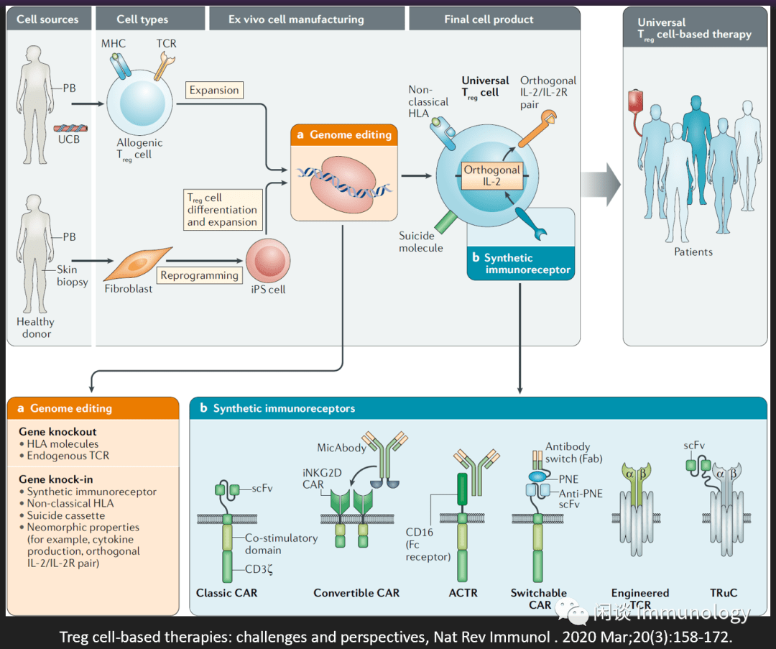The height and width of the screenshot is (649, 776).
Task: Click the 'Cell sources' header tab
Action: (49, 19)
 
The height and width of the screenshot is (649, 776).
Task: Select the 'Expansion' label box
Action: (214, 90)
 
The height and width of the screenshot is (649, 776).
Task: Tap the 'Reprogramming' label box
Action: (200, 275)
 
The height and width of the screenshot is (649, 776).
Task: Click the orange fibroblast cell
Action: (138, 264)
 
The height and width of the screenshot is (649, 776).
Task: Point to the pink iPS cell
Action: (268, 261)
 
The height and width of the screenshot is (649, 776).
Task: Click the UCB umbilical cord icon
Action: (70, 128)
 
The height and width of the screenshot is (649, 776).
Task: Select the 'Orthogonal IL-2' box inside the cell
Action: (492, 176)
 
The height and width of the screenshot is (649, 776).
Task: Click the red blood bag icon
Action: (635, 101)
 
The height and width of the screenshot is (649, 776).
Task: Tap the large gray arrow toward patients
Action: (601, 184)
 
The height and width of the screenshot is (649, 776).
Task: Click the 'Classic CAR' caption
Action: (226, 592)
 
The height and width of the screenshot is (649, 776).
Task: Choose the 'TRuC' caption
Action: (724, 592)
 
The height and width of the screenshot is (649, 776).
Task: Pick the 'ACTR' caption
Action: (463, 592)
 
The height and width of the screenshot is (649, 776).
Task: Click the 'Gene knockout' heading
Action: (57, 432)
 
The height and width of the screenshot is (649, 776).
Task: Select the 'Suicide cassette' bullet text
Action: (66, 515)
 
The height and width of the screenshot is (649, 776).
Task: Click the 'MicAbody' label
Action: (341, 448)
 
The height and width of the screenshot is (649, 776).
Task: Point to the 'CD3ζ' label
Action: (259, 569)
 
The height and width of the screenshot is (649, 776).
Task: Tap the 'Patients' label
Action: (693, 252)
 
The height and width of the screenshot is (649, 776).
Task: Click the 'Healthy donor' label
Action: (36, 328)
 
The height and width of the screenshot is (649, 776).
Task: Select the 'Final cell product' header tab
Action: (489, 19)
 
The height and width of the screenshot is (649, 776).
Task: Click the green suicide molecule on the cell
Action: (446, 221)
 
